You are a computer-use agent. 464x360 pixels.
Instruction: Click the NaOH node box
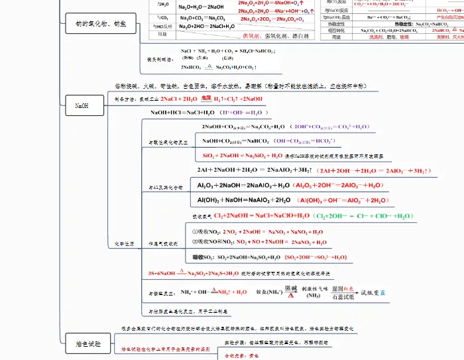coord(82,105)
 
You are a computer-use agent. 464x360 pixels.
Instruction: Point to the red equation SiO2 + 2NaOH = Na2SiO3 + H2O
coord(243,155)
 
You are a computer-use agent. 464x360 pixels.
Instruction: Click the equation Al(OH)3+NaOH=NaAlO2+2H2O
coord(244,200)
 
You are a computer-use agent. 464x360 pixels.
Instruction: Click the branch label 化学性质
coord(125,245)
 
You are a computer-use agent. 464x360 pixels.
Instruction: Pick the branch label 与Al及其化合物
coord(164,188)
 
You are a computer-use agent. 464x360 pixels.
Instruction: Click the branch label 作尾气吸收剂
coord(164,244)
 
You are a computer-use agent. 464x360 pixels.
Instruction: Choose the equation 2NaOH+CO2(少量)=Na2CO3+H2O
coord(243,126)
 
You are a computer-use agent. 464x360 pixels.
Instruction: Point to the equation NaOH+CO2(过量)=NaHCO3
coord(236,141)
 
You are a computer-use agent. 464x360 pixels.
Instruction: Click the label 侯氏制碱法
coord(160,59)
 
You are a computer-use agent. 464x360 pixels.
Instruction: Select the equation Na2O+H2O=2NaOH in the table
coord(202,7)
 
